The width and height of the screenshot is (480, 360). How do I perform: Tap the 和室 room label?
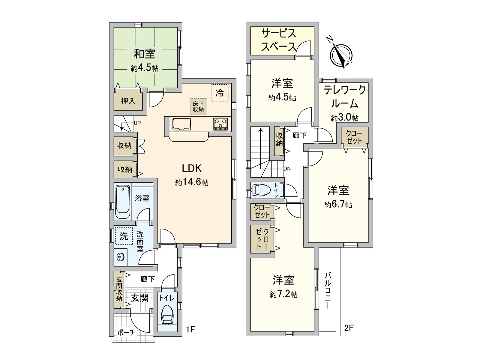coord(144,54)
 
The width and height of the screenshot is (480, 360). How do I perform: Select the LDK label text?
coord(192,168)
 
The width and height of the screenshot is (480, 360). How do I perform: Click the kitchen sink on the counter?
coord(181,124)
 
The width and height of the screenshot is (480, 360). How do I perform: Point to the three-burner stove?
coord(220,124)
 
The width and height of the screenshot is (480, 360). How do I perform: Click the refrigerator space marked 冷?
coord(220,93)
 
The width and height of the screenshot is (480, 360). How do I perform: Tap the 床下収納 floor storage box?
coord(198,106)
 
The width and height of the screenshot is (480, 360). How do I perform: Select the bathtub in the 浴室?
coord(123,202)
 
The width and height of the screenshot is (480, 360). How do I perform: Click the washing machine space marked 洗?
coord(124,236)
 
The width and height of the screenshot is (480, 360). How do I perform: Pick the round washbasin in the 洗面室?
coord(121,257)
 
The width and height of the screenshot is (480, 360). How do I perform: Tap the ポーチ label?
coord(126,332)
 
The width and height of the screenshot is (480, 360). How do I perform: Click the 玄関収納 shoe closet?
coord(119,289)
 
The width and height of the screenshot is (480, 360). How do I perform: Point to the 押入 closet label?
coord(128,101)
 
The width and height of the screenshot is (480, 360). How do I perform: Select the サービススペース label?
coord(279,40)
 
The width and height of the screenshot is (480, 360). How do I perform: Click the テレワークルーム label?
coord(345,97)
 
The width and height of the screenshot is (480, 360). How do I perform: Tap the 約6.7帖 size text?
coord(338,205)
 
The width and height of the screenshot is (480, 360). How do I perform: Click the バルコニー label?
coord(328,290)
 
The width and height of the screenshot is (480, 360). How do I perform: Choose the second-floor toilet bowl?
coord(259,190)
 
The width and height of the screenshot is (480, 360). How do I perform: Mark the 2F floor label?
coord(349,328)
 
